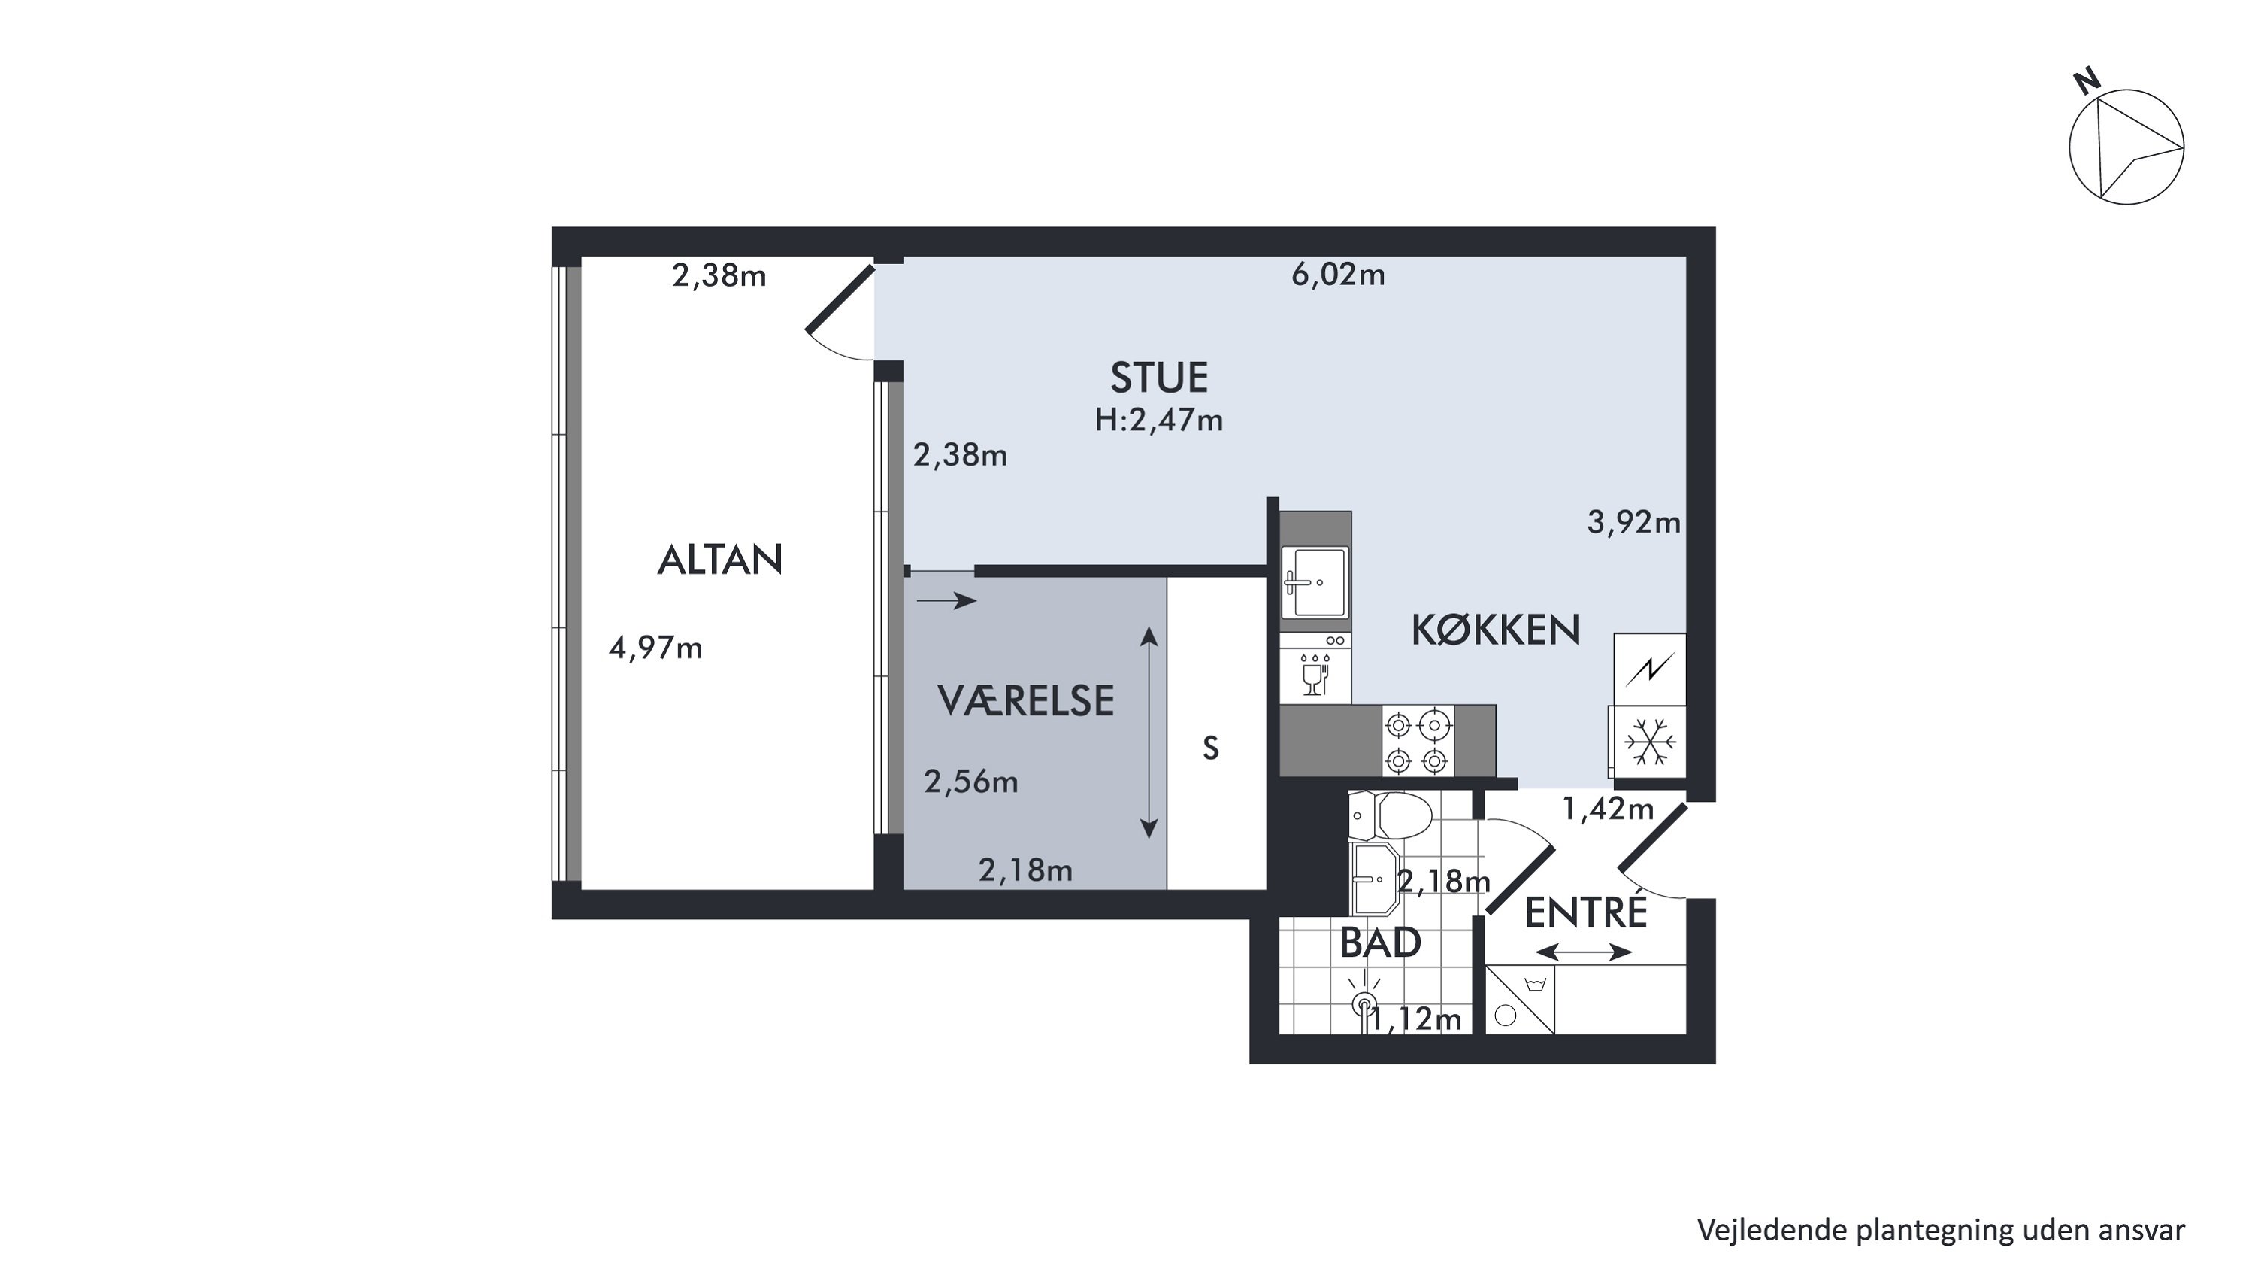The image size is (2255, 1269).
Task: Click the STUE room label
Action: pyautogui.click(x=1159, y=378)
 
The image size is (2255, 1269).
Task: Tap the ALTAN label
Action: pyautogui.click(x=719, y=560)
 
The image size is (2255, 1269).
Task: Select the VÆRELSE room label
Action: pyautogui.click(x=1025, y=700)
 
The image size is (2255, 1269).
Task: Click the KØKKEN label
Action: pyautogui.click(x=1495, y=630)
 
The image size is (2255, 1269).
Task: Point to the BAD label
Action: pyautogui.click(x=1381, y=943)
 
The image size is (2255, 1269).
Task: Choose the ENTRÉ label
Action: pyautogui.click(x=1586, y=912)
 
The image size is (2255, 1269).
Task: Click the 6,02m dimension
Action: pyautogui.click(x=1339, y=275)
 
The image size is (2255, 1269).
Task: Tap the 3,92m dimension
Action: pyautogui.click(x=1634, y=523)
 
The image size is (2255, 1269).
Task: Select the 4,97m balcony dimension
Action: pyautogui.click(x=655, y=648)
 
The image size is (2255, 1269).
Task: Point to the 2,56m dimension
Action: pyautogui.click(x=972, y=782)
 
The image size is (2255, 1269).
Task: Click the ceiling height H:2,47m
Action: pyautogui.click(x=1159, y=421)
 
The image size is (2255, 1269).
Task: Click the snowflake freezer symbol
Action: pyautogui.click(x=1649, y=742)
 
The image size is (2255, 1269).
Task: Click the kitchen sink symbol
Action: pyautogui.click(x=1314, y=582)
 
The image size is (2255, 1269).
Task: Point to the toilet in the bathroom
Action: pyautogui.click(x=1390, y=815)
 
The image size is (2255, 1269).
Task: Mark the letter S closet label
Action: pyautogui.click(x=1211, y=748)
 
